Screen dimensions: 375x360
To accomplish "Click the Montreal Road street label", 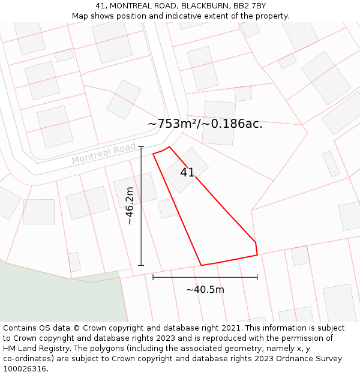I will [103, 154].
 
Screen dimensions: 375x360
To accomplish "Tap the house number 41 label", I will [187, 172].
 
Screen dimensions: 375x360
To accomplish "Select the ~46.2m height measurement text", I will [129, 206].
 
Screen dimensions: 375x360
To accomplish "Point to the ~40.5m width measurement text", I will [205, 290].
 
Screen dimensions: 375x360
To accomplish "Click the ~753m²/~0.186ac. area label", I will [205, 124].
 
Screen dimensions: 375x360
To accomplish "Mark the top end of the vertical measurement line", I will [141, 146].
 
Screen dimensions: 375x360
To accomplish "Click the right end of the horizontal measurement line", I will [257, 277].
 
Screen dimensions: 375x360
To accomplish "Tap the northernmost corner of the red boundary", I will [169, 146].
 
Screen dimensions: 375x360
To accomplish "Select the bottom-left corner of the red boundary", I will [200, 265].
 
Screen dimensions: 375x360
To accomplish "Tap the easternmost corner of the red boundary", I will [257, 255].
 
